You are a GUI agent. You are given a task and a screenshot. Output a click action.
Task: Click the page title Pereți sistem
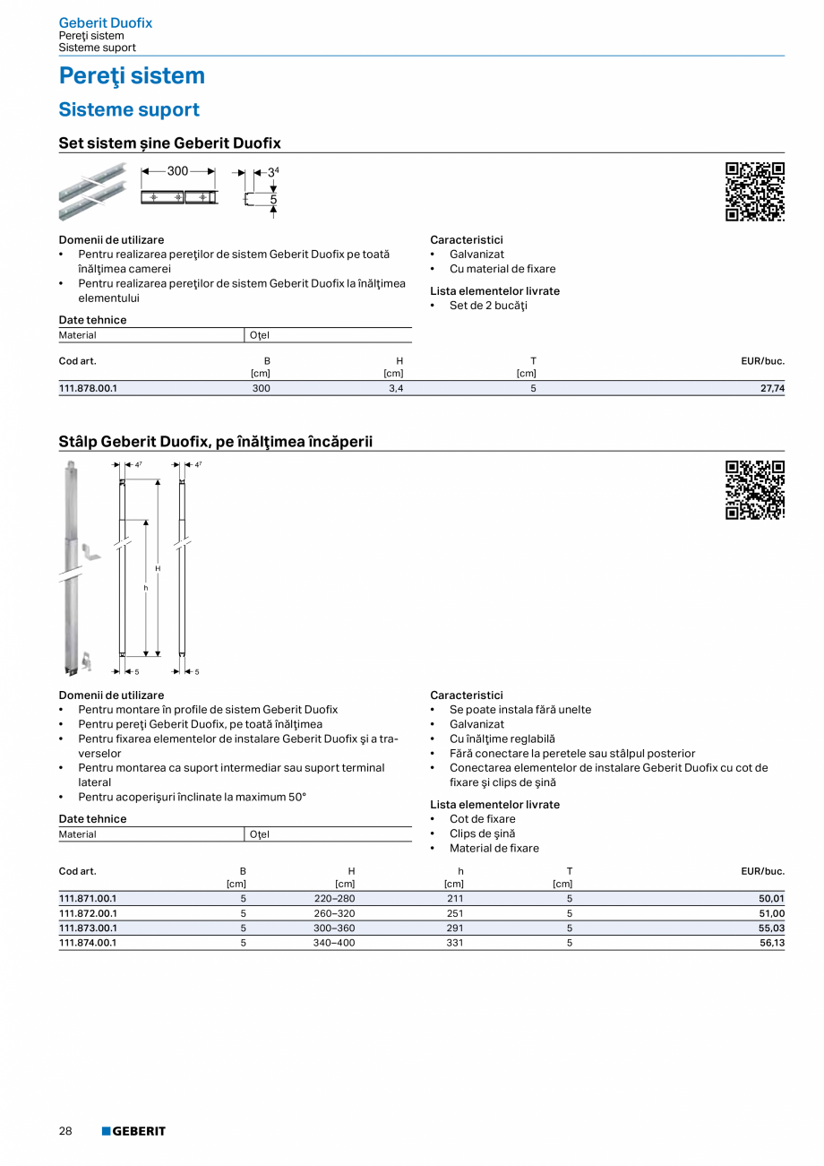point(132,76)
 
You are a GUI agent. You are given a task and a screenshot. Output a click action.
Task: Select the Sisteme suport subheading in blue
point(129,110)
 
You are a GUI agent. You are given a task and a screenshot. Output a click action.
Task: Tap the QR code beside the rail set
point(754,192)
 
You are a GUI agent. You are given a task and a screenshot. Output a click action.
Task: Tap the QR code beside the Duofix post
point(754,490)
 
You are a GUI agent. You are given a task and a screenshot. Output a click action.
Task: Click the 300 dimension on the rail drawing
point(177,171)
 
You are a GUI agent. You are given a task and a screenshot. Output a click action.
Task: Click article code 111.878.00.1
point(88,389)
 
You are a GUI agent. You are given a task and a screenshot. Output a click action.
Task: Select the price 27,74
point(771,389)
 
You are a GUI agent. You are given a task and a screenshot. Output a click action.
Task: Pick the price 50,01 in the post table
point(771,899)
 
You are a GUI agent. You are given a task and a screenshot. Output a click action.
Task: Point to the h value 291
point(454,928)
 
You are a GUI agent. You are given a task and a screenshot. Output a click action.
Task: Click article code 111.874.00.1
point(88,943)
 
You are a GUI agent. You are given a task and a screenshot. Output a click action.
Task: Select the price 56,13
point(771,943)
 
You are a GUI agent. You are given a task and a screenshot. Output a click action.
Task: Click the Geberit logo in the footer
point(133,1131)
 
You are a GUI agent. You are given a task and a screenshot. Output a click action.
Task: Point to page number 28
point(65,1131)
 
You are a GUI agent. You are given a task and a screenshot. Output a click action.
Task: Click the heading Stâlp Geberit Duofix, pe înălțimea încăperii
point(216,442)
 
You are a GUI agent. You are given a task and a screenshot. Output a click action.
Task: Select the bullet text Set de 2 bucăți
point(488,306)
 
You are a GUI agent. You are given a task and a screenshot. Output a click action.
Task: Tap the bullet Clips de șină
point(482,833)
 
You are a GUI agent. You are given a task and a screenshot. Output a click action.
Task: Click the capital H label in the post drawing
point(158,568)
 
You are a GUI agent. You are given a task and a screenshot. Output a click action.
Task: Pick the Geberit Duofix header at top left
point(105,22)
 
